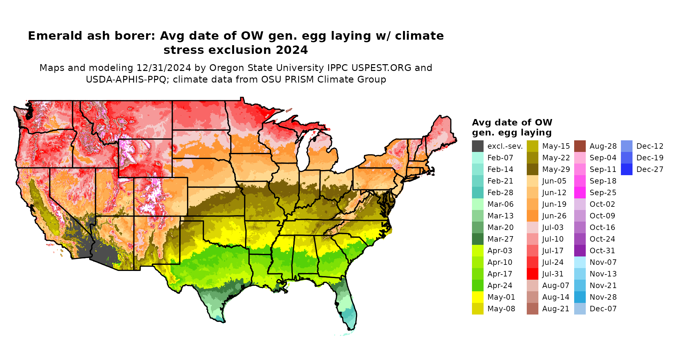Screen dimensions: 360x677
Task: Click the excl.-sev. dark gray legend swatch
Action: pos(477,146)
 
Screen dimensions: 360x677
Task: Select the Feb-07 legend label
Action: pos(500,158)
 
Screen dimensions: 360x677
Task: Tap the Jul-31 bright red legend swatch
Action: pos(532,274)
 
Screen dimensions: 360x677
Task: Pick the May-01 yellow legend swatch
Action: pos(477,297)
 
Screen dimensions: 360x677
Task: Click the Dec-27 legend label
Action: pos(650,169)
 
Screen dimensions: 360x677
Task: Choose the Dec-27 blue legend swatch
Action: pos(626,169)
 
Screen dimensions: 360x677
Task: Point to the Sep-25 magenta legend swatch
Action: pos(580,193)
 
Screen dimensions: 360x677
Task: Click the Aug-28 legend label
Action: pos(603,146)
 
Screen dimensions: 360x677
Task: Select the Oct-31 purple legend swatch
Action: pos(580,251)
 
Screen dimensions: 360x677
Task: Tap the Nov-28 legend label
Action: pos(603,297)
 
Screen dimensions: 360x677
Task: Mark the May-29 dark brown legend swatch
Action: pos(532,169)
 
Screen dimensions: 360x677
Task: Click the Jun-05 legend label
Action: pos(554,181)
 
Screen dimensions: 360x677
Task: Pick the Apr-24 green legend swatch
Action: pos(477,285)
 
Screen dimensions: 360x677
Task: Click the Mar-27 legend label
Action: pos(500,239)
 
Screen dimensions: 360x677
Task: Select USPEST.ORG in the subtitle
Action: pos(381,68)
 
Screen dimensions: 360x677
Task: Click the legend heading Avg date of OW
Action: pos(512,123)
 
